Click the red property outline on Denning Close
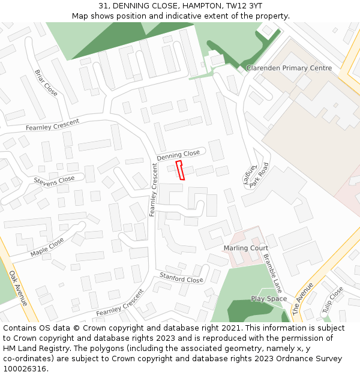click(x=180, y=170)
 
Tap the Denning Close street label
click(x=178, y=155)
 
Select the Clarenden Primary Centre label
click(x=289, y=68)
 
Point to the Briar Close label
click(x=46, y=83)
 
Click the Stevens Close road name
click(x=54, y=180)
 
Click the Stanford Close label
click(x=181, y=278)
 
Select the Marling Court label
click(x=246, y=248)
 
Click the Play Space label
click(x=269, y=299)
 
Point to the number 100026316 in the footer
click(x=25, y=369)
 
